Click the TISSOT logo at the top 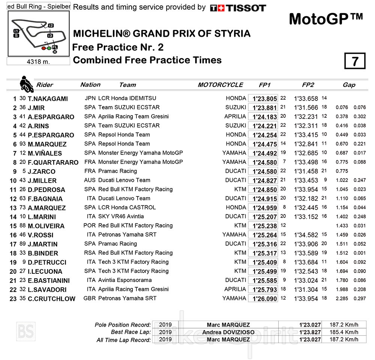238,8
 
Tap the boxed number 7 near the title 355,61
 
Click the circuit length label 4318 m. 38,61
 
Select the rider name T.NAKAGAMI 48,99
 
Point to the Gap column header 349,85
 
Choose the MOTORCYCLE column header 220,85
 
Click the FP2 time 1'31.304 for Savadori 306,289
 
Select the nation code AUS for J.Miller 90,180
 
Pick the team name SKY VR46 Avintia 121,216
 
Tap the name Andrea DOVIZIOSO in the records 228,332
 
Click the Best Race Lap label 131,332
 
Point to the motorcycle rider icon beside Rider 26,84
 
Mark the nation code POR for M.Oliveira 90,226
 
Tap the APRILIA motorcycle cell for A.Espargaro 235,117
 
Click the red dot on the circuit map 43,48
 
